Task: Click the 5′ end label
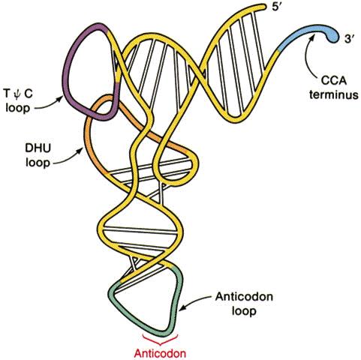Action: click(x=278, y=7)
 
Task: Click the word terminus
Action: click(x=334, y=95)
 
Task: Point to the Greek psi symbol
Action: click(x=17, y=95)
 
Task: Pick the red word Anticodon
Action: click(x=160, y=353)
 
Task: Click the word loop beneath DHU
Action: click(x=38, y=163)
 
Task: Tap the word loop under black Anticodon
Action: click(x=244, y=311)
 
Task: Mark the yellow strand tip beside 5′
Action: click(x=263, y=7)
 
